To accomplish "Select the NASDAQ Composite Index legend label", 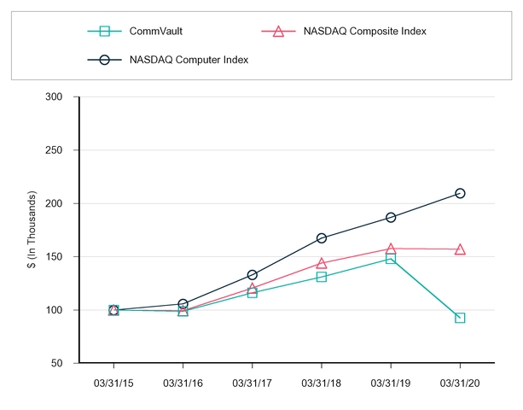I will (364, 32).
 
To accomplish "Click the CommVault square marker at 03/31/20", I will (460, 318).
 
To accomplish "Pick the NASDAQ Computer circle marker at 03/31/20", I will (460, 193).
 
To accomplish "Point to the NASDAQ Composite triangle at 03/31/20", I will (460, 249).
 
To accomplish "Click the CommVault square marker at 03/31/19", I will (391, 258).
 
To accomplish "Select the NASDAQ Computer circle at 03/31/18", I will (322, 238).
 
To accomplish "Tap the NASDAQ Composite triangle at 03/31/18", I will (322, 263).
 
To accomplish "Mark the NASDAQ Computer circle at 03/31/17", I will (253, 275).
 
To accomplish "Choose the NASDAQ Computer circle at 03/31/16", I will (183, 304).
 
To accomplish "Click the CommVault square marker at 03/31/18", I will (322, 277).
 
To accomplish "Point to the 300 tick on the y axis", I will (55, 97).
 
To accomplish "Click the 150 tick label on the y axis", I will (55, 256).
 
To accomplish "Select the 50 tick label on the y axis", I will (57, 363).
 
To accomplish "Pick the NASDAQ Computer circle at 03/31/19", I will (391, 218).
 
